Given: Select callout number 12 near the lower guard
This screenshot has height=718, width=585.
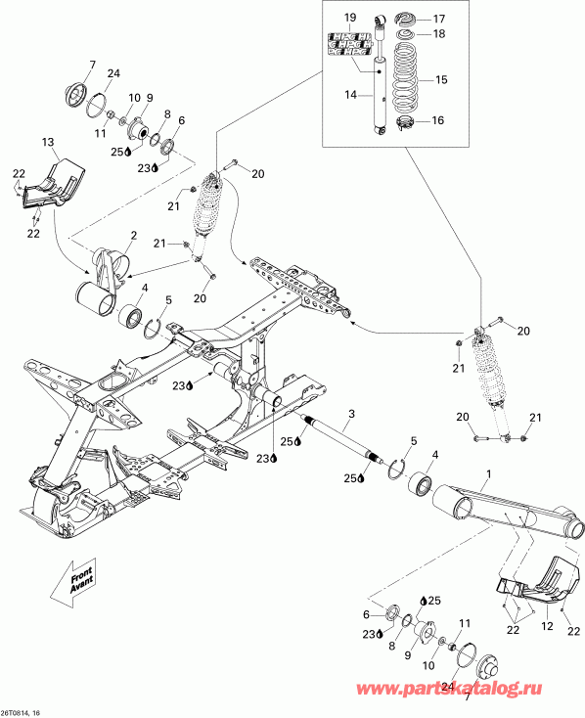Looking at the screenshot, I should tap(546, 626).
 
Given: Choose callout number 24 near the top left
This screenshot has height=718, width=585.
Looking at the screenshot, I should tap(112, 74).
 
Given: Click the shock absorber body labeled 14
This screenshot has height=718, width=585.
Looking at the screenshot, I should tap(378, 93).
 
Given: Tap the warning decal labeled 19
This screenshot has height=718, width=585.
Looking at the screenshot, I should tap(350, 45).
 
